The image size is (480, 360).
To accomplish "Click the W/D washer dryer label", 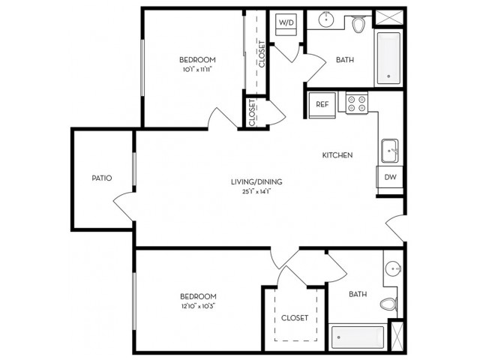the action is [x=286, y=22].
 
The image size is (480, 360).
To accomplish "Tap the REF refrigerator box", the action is [x=322, y=105].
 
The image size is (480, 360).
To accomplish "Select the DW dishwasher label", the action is [x=390, y=177].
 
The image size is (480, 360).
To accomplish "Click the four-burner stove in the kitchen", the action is [x=357, y=103].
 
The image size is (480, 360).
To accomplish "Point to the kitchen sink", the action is [x=390, y=151].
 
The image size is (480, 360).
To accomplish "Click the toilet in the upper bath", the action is [x=358, y=24].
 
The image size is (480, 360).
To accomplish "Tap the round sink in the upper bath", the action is [x=326, y=20].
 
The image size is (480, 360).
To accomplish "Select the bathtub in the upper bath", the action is [x=388, y=58].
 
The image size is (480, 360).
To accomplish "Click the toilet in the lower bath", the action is [x=388, y=304].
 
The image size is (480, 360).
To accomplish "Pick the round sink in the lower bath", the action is [x=393, y=269].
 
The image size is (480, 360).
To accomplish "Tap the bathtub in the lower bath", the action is [x=358, y=337].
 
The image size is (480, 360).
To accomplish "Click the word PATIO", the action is [x=102, y=178].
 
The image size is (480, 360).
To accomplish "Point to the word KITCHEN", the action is [x=337, y=155].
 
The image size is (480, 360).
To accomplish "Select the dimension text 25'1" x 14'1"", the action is [x=256, y=192].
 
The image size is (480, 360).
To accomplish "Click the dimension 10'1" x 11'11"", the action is [x=197, y=70].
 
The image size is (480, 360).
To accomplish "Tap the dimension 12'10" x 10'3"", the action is [x=198, y=306].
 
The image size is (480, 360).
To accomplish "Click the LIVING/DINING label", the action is [x=256, y=181].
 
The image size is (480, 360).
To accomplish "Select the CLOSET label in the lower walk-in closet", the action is [x=295, y=318].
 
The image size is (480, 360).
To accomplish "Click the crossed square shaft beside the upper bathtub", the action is [x=389, y=17].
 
